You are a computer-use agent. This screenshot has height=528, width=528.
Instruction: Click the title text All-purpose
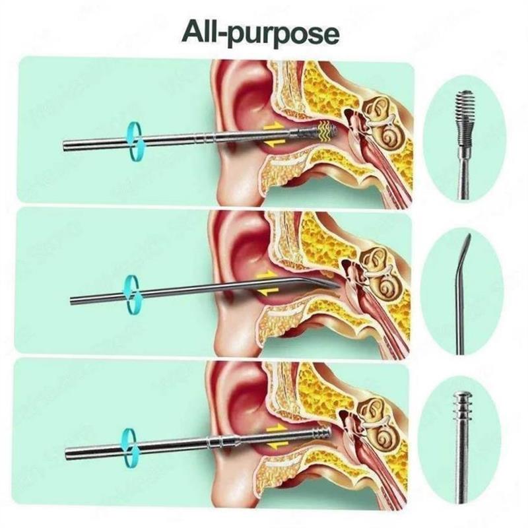click(x=264, y=31)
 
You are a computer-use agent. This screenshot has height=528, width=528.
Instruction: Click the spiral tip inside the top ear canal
click(x=327, y=129)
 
